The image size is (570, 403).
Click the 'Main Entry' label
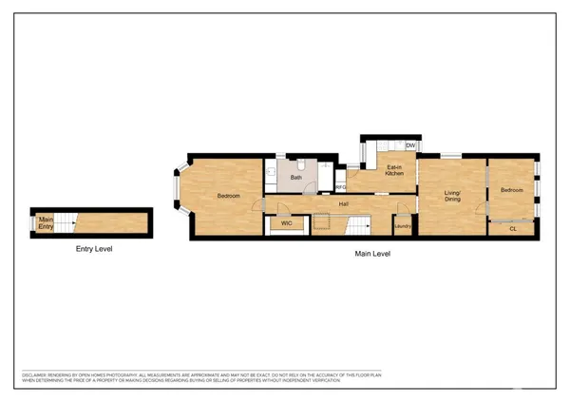point(45,223)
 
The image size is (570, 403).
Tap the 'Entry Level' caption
point(94,250)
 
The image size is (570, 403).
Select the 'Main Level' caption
point(372,254)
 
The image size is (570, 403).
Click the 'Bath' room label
point(296,177)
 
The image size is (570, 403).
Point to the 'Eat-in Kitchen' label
point(395,172)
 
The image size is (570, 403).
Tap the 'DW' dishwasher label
point(410,145)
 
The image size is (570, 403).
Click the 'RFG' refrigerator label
point(341,187)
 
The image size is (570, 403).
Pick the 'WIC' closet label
point(286,224)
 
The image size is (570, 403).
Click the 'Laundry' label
point(402,226)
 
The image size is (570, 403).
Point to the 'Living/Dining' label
point(452,197)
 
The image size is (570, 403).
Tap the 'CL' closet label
point(513,228)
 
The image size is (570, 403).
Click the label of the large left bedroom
point(229,196)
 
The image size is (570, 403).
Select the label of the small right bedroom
point(512,190)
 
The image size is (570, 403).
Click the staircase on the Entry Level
point(65,224)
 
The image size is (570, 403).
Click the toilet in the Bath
point(271,172)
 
